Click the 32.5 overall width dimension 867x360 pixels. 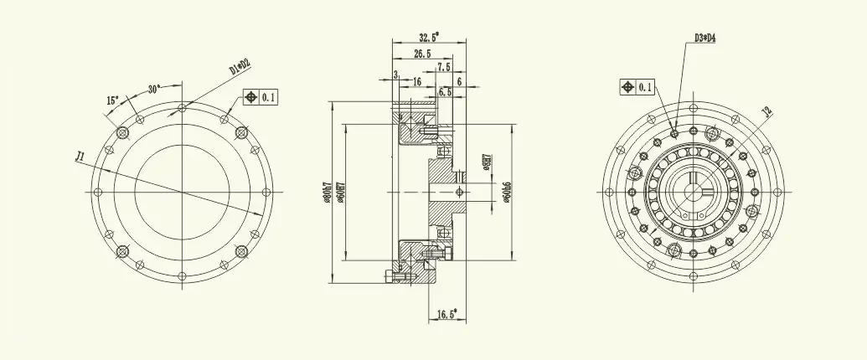(428, 37)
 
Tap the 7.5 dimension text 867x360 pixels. (443, 66)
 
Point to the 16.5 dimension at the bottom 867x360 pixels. (446, 315)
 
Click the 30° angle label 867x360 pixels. (154, 88)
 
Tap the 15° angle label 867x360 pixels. (112, 100)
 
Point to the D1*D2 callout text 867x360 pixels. (240, 67)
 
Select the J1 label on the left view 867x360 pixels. (80, 156)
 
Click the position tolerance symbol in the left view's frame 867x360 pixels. (250, 97)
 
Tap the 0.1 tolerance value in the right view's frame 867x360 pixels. (645, 87)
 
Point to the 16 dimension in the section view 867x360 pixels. (416, 81)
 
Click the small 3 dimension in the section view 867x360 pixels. (395, 75)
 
